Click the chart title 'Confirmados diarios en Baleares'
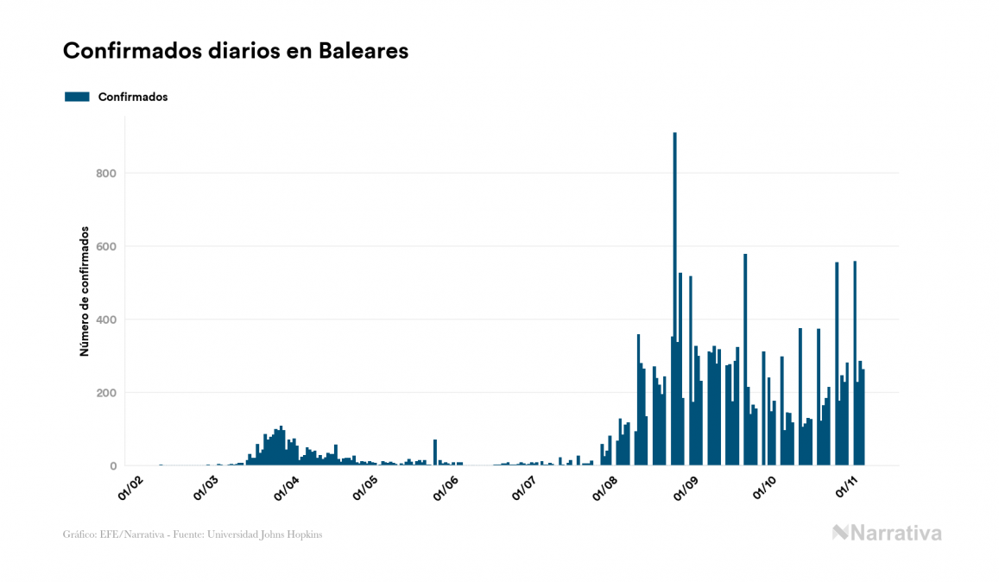(236, 51)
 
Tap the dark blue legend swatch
(77, 97)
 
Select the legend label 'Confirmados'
(133, 97)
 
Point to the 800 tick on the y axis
(106, 174)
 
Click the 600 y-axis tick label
(106, 247)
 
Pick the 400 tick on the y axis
(106, 320)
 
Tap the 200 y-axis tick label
(106, 393)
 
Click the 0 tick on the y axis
(112, 466)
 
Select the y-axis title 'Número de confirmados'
(85, 292)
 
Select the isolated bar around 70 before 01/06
(435, 452)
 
